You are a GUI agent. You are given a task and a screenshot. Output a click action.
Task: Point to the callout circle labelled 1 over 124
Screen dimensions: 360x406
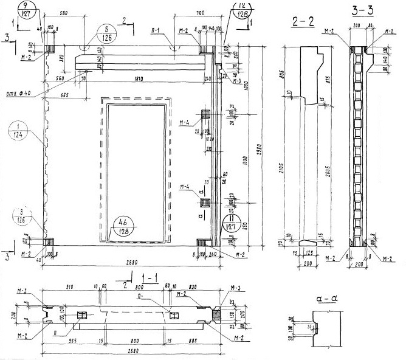(x=19, y=133)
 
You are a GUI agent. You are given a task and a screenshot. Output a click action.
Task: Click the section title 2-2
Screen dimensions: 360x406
(x=302, y=22)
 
